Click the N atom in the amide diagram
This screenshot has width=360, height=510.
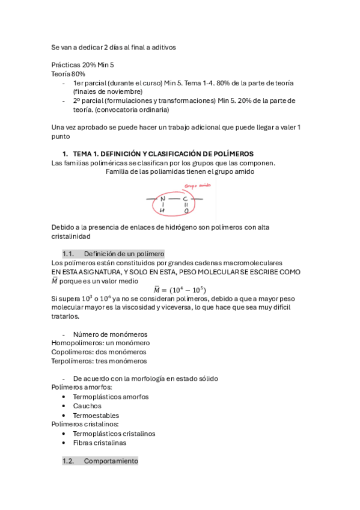point(162,198)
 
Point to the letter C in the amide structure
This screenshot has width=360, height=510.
point(185,198)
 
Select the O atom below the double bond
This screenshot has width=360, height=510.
point(186,211)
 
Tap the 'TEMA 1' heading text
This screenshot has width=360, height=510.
point(163,154)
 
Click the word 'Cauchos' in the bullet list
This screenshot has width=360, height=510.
point(87,406)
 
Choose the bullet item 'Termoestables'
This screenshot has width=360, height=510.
point(96,415)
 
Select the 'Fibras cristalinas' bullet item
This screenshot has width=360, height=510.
point(99,443)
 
